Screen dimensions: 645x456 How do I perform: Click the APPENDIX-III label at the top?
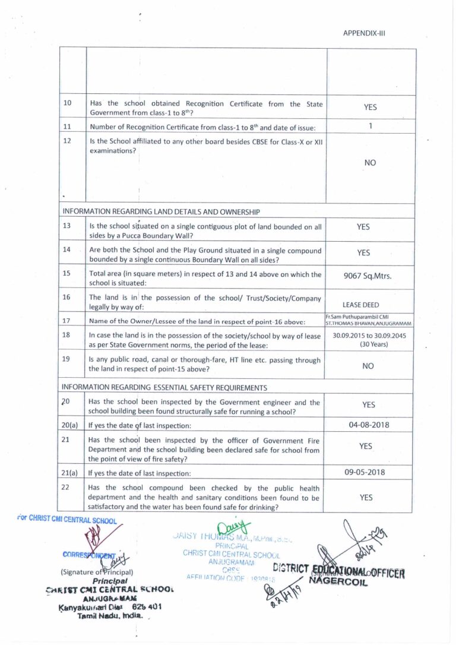point(364,33)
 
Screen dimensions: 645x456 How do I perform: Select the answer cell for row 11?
point(370,126)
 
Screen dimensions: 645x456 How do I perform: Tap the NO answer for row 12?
point(370,163)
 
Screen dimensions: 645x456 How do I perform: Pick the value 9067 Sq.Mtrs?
point(368,275)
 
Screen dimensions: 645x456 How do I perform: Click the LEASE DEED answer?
point(361,305)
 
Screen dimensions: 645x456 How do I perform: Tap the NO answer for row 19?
point(368,366)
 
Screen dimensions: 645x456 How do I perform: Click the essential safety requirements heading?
point(164,387)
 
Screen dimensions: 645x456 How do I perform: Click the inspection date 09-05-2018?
point(369,472)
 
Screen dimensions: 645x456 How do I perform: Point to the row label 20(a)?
point(70,425)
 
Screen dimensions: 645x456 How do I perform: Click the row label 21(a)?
point(70,473)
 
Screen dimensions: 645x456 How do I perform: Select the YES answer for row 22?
point(366,498)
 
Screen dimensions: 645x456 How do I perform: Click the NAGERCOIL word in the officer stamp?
point(338,581)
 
